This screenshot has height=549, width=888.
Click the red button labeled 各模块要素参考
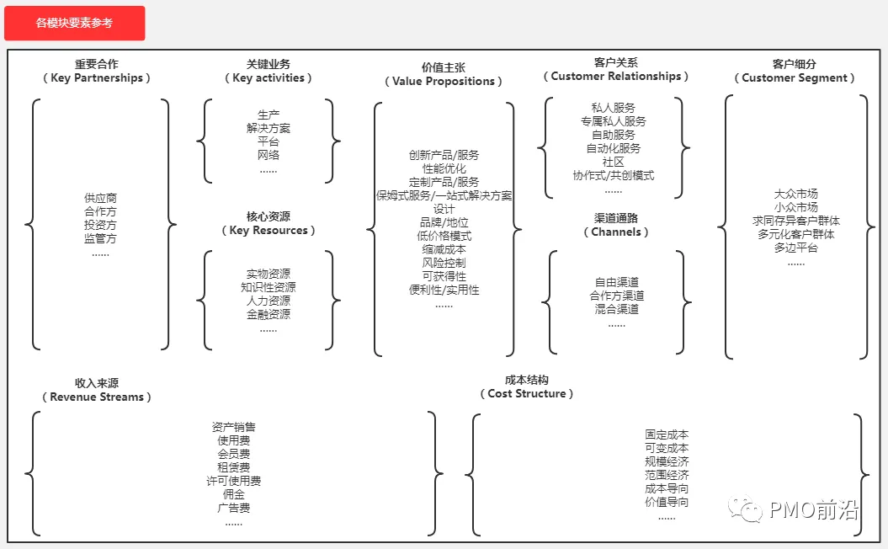(74, 24)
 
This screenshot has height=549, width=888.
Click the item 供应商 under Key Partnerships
(100, 199)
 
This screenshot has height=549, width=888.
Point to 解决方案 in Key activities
(269, 128)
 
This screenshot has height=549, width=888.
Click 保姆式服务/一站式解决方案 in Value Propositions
(444, 195)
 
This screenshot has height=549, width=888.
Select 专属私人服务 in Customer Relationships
(613, 121)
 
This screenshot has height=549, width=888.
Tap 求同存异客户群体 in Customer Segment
(795, 221)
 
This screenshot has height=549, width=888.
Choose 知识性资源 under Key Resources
(269, 288)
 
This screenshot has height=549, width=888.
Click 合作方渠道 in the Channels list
(616, 296)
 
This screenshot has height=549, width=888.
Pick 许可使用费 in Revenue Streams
(233, 481)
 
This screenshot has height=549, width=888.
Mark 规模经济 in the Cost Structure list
(667, 461)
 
